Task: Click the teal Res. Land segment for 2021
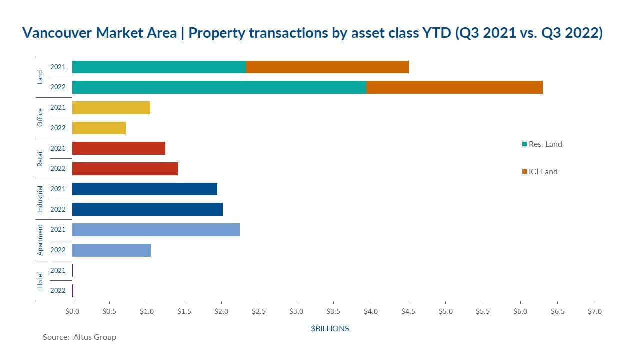[159, 67]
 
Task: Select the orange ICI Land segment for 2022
[454, 87]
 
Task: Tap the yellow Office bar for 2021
[111, 107]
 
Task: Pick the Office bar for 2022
[99, 128]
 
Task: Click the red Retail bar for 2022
[125, 168]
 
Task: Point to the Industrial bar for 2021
[145, 189]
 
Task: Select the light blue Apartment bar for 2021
[156, 229]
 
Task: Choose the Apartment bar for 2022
[111, 250]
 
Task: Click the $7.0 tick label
[595, 312]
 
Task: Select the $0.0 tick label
[72, 312]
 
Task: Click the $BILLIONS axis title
[330, 329]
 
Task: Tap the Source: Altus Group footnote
[79, 337]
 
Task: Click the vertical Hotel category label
[40, 280]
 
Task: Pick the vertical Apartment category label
[40, 240]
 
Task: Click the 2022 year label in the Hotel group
[58, 290]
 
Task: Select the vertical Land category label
[40, 77]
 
